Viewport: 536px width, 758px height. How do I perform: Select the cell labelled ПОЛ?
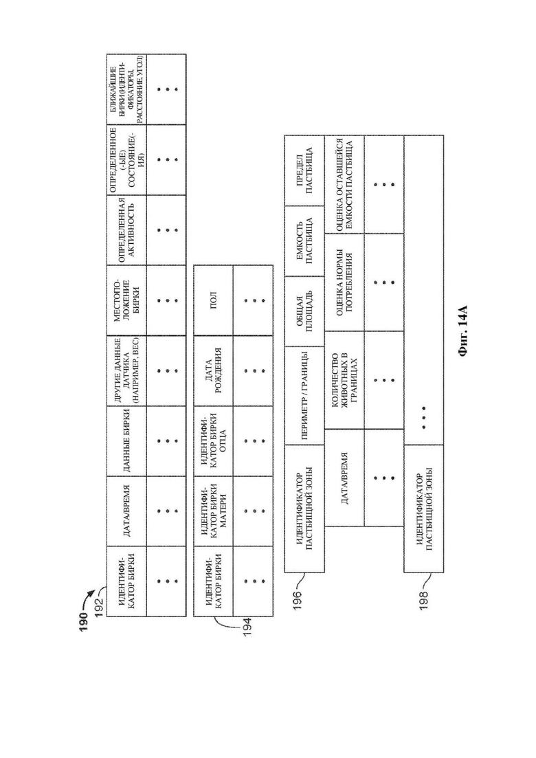(x=214, y=300)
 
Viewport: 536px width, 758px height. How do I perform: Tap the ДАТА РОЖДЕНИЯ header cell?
(x=214, y=370)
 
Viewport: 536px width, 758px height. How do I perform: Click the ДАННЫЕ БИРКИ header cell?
(x=126, y=441)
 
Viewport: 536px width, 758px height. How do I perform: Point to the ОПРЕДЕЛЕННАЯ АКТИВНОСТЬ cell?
(x=126, y=230)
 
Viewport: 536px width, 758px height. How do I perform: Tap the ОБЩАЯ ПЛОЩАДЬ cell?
(x=304, y=311)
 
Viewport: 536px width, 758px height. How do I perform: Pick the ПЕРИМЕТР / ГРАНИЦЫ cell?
(x=304, y=395)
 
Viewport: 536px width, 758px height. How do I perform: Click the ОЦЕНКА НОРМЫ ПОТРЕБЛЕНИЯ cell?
(x=344, y=282)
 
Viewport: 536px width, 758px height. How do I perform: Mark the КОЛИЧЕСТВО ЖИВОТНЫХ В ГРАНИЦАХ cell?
(x=344, y=381)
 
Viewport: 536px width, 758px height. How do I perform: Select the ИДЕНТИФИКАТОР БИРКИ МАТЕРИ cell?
(x=214, y=511)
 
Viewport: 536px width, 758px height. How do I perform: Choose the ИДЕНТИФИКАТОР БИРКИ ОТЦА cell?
(x=214, y=441)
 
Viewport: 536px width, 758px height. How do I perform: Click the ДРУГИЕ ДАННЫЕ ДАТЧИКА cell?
(x=126, y=370)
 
